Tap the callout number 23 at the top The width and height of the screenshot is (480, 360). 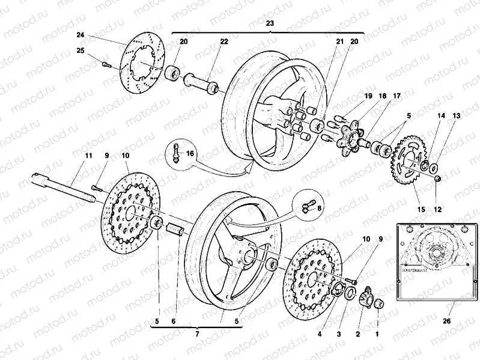(x=270, y=23)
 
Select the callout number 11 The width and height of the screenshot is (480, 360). (x=88, y=156)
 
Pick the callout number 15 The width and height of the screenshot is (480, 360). (x=421, y=209)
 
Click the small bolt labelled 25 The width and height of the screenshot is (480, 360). (x=106, y=63)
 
